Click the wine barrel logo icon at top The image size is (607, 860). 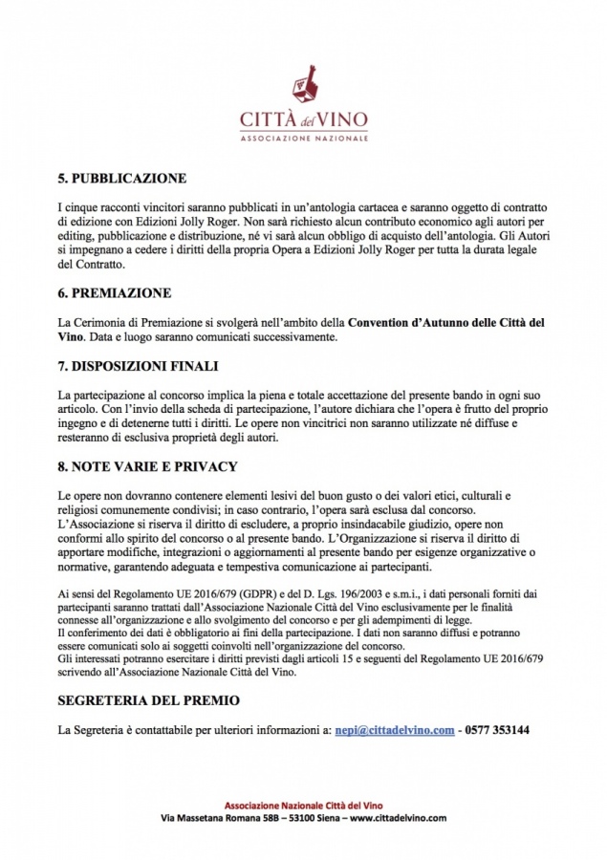click(304, 87)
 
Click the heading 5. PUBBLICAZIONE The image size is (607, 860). click(121, 178)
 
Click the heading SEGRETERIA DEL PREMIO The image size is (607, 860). click(149, 700)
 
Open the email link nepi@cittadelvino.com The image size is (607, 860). click(394, 730)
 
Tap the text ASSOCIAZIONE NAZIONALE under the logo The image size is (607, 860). click(303, 139)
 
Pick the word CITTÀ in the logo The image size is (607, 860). click(267, 121)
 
